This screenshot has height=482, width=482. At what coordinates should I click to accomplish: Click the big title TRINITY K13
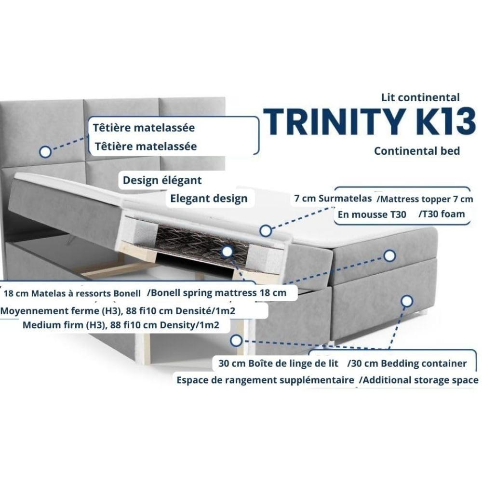(369, 121)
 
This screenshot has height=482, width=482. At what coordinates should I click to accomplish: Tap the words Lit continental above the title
(420, 97)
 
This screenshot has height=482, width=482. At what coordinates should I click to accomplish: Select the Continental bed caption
(417, 151)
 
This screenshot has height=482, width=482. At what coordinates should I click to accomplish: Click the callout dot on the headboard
(45, 151)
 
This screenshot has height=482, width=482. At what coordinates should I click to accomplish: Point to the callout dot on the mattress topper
(266, 230)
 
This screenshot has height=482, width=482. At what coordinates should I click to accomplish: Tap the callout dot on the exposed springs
(227, 252)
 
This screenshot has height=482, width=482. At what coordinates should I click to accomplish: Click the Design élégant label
(162, 180)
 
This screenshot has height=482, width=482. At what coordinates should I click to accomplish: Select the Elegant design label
(209, 199)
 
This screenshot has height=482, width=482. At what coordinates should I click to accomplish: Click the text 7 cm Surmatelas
(333, 199)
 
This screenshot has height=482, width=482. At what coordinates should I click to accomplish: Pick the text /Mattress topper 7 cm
(425, 199)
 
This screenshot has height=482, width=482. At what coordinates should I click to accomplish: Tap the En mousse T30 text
(372, 214)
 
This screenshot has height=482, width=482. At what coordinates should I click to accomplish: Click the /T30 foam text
(442, 214)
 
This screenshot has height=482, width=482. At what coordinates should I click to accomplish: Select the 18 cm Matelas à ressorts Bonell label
(72, 293)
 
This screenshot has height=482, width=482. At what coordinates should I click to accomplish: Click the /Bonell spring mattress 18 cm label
(217, 293)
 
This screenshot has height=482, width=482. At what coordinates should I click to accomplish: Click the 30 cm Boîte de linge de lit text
(278, 363)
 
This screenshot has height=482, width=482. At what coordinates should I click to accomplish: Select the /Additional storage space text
(419, 380)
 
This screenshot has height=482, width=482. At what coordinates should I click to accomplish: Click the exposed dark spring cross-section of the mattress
(197, 243)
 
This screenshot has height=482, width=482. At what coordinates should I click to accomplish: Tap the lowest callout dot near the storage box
(236, 340)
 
